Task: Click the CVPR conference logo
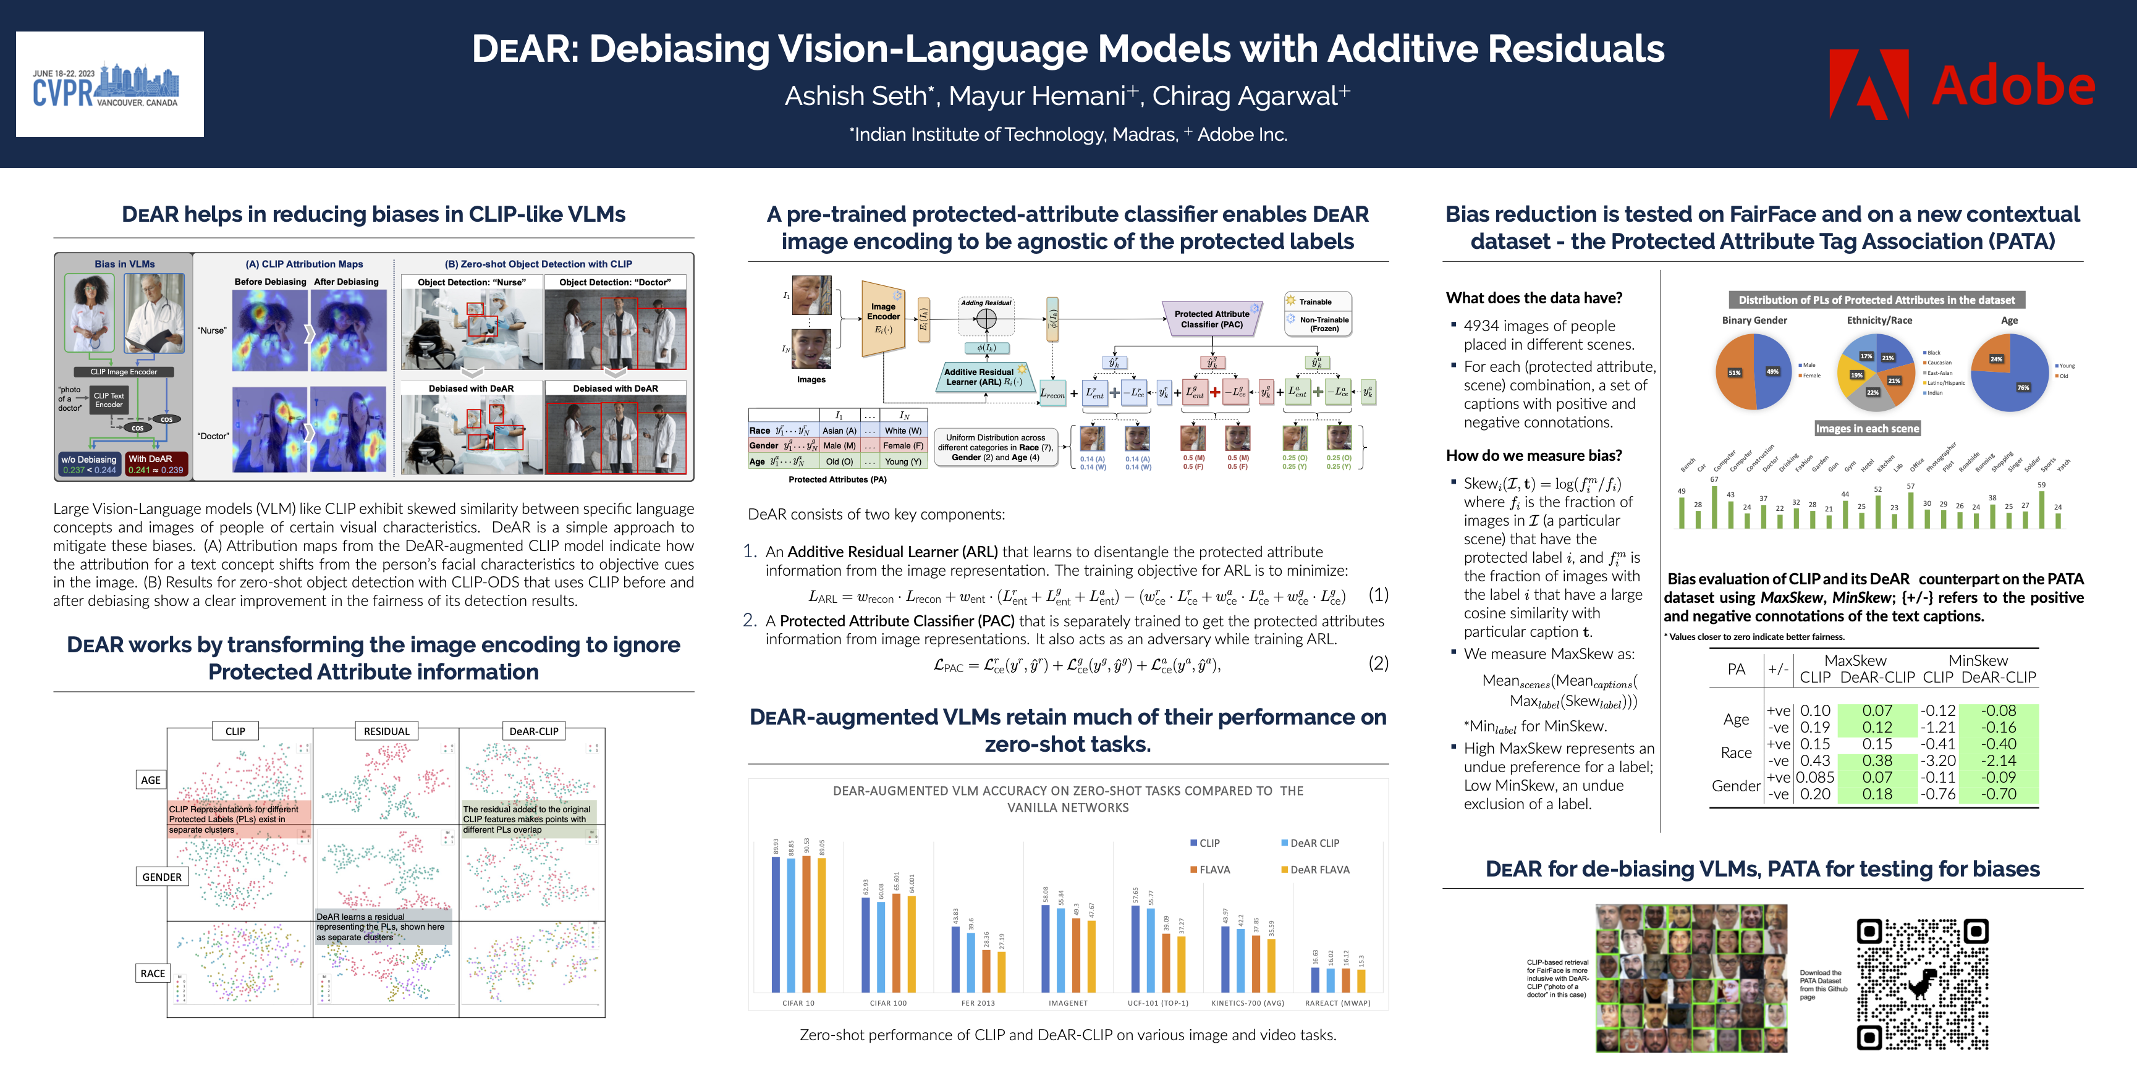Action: tap(109, 85)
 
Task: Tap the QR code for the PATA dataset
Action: tap(1921, 983)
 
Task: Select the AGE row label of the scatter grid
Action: tap(150, 780)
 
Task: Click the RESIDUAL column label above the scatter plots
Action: tap(387, 731)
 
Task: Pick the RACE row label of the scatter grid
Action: tap(153, 973)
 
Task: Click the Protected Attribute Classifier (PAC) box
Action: tap(1211, 319)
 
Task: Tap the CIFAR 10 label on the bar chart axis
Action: tap(798, 1003)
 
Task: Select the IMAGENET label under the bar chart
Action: tap(1068, 1003)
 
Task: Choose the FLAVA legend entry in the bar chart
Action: tap(1214, 869)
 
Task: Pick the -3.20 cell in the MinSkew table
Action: tap(1939, 760)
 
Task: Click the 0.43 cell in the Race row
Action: tap(1815, 760)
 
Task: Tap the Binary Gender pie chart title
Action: tap(1754, 320)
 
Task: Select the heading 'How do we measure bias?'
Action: tap(1533, 455)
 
